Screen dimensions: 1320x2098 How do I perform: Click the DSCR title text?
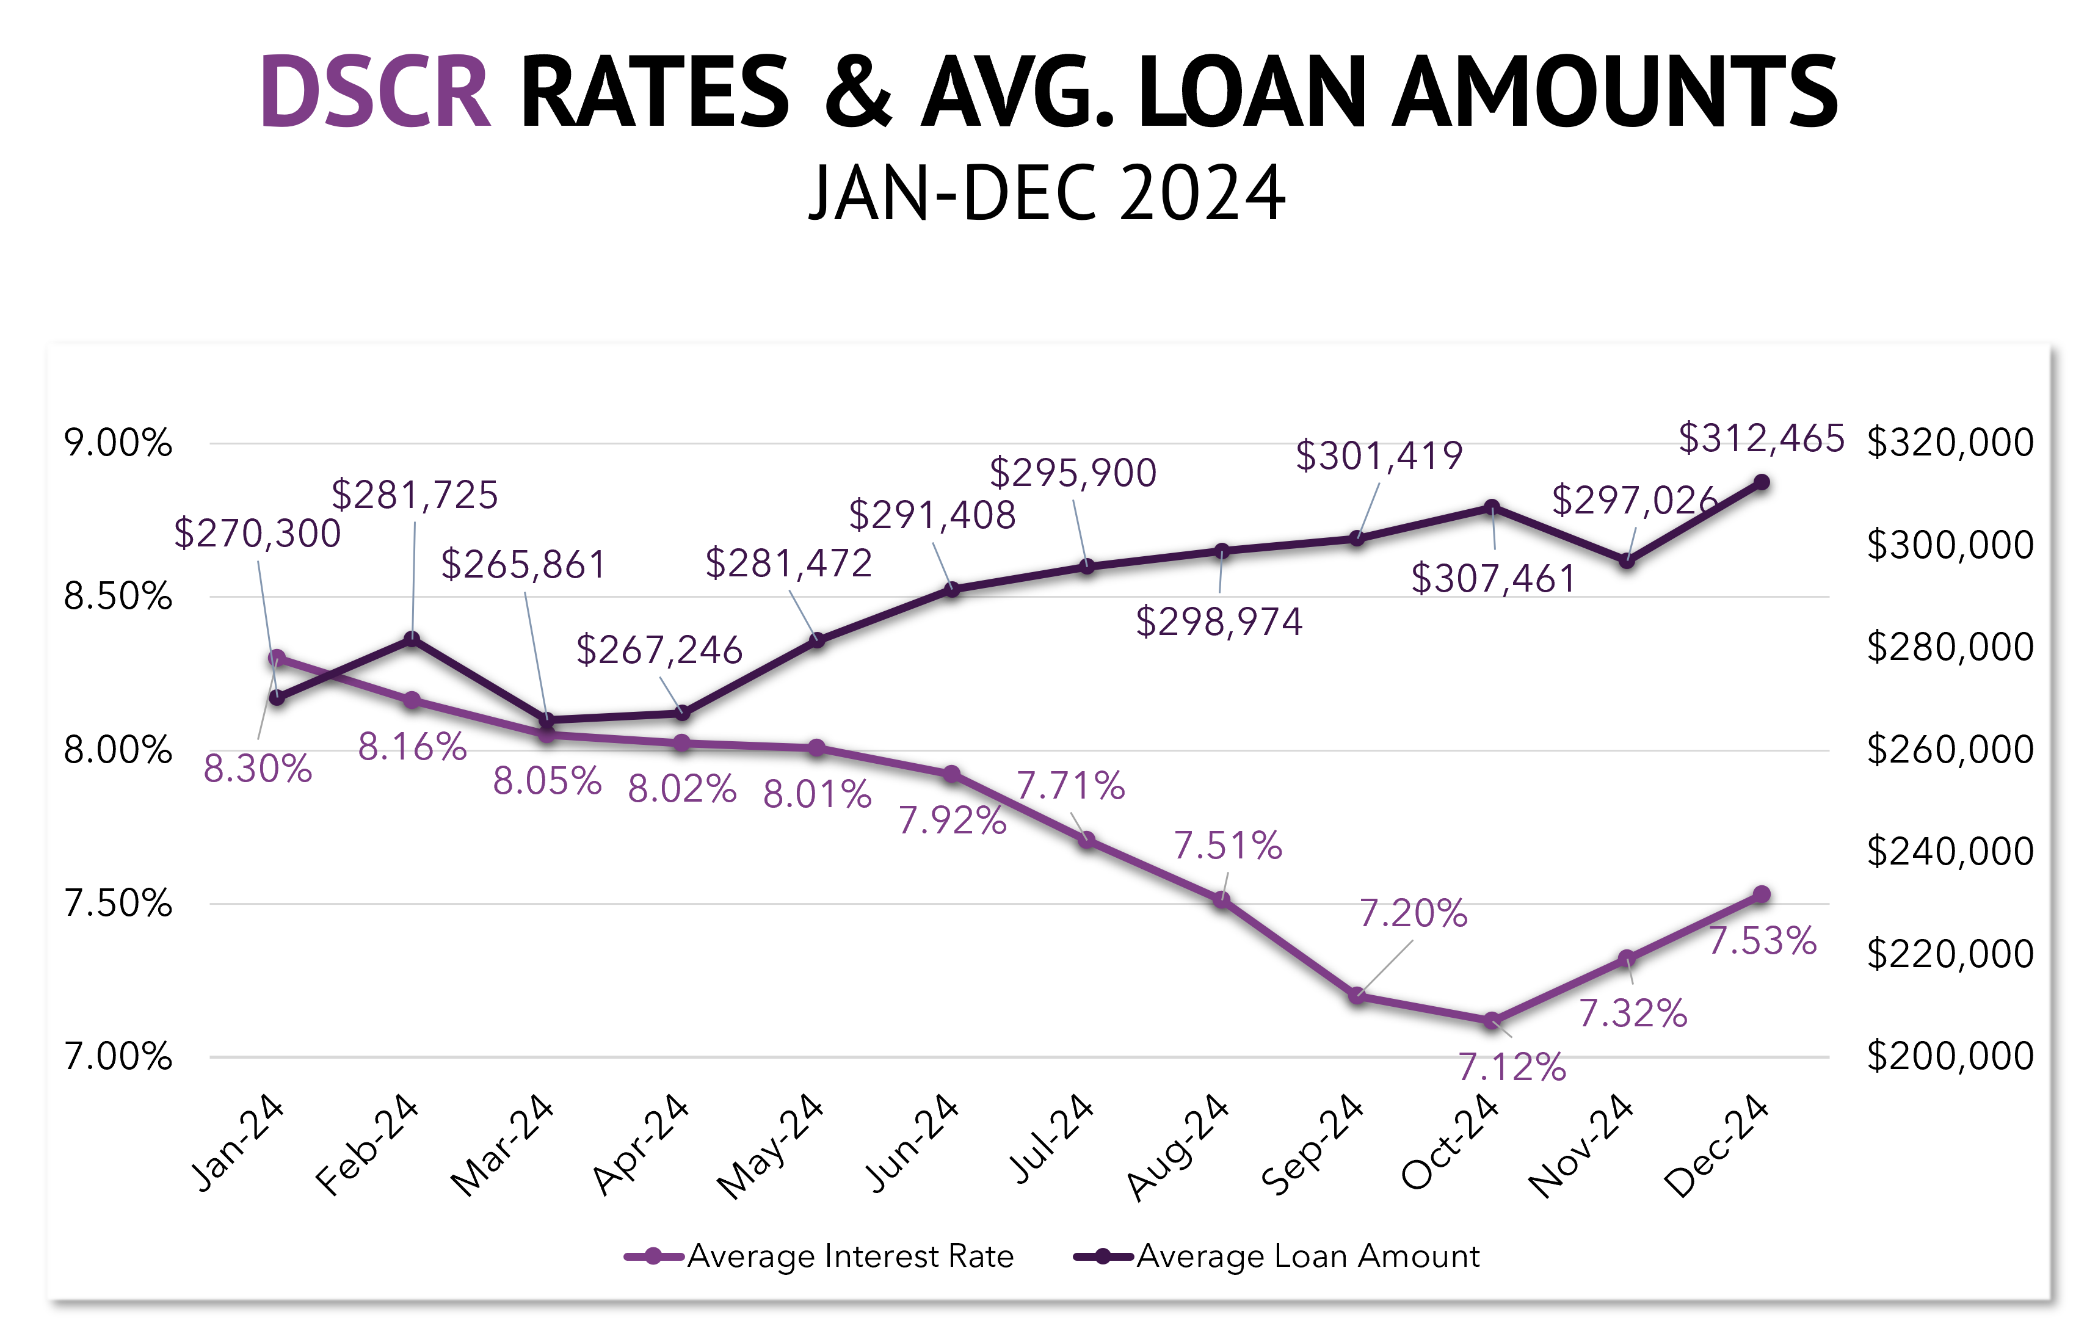[376, 92]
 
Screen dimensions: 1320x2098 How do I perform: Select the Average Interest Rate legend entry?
[849, 1257]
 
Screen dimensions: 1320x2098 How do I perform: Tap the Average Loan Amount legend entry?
[1307, 1257]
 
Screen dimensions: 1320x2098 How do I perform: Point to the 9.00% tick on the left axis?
[118, 443]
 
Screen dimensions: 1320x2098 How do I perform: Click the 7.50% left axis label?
[118, 904]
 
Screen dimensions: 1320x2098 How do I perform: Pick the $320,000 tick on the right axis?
[1950, 443]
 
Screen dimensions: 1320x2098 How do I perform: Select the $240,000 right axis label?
[1950, 851]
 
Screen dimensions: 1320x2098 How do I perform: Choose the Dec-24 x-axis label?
[1716, 1147]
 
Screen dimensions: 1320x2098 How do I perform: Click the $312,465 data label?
[1761, 438]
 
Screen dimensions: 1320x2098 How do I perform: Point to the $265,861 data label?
[523, 565]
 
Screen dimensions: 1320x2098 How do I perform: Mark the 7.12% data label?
[1512, 1067]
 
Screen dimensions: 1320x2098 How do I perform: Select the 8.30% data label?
[258, 769]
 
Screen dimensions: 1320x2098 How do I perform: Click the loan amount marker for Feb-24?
[412, 639]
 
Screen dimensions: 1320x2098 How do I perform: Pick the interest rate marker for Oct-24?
[1492, 1020]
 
